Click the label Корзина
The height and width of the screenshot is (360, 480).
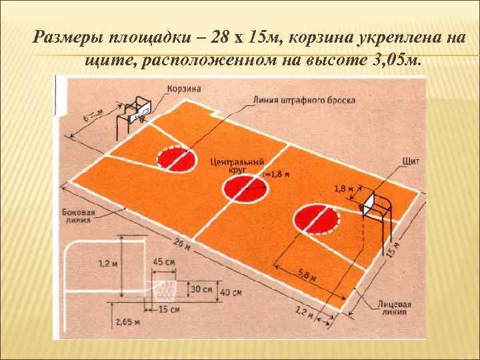185,88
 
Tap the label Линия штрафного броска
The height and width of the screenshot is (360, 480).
304,101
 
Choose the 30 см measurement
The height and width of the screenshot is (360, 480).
201,290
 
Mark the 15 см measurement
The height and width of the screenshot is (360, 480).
169,309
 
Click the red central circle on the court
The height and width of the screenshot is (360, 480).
243,189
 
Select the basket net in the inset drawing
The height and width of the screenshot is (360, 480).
163,291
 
